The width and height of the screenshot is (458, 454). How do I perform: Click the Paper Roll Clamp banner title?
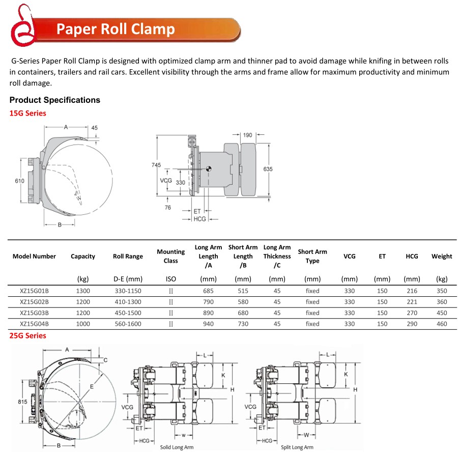pos(116,29)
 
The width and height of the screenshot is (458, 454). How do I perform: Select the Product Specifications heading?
pos(55,100)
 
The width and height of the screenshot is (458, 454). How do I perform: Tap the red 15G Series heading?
pos(27,113)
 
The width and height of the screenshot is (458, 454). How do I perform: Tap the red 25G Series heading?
pos(27,335)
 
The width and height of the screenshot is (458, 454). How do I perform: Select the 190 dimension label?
pos(247,135)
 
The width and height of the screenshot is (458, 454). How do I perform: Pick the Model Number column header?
pos(34,256)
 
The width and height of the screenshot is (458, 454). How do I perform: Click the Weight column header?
pos(441,256)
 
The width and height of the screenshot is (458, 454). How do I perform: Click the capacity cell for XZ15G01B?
pos(83,291)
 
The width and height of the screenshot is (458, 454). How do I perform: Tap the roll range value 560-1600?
pos(127,324)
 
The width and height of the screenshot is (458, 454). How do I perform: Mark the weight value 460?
pos(441,324)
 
